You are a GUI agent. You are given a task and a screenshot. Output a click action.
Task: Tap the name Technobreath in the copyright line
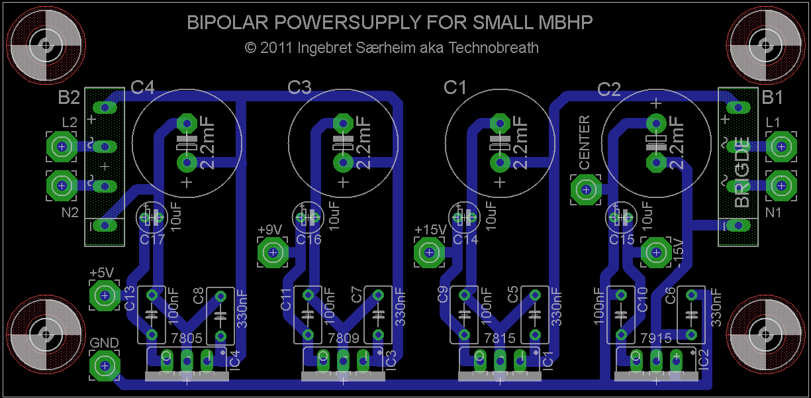(494, 48)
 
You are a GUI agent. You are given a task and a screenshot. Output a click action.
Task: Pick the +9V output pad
(271, 252)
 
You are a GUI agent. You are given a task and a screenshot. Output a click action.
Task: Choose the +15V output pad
(428, 252)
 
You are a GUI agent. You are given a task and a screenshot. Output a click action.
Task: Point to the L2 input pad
(61, 146)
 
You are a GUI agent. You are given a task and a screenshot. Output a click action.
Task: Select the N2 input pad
(61, 186)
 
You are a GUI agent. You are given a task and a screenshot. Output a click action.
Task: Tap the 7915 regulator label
(656, 338)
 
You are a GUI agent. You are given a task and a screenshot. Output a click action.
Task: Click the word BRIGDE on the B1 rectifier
(743, 172)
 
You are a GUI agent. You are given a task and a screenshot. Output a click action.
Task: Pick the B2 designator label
(69, 98)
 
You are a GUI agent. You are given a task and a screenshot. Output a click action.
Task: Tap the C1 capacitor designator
(455, 87)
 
